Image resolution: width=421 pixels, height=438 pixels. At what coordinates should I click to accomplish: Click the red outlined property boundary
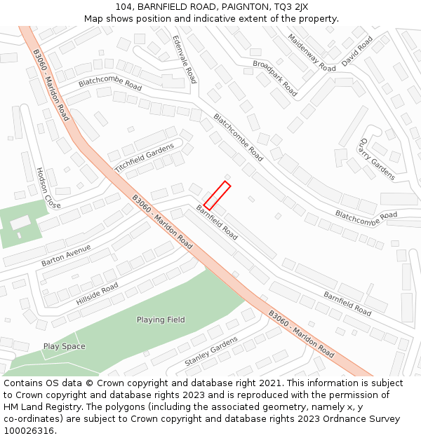tap(217, 196)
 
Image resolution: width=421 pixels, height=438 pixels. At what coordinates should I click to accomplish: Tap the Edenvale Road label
tap(185, 60)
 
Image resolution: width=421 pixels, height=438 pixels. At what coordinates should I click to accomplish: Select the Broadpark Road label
tap(274, 78)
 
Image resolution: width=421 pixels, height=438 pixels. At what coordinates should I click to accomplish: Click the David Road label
tap(357, 52)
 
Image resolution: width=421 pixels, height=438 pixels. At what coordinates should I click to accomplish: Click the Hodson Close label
tap(48, 188)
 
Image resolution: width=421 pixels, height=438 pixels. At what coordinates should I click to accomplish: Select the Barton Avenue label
tap(66, 256)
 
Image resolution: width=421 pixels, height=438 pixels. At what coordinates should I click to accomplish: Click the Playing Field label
tap(161, 320)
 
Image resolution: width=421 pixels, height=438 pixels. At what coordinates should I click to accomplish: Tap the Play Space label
tap(64, 346)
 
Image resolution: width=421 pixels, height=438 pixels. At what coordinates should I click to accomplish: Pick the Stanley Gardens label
tap(211, 351)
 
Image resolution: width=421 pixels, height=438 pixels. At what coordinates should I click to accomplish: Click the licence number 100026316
tap(29, 431)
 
